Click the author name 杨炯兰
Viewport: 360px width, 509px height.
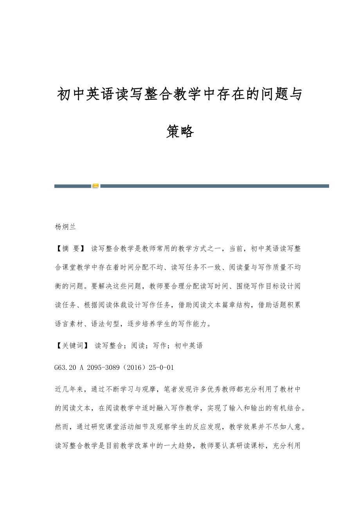(65, 227)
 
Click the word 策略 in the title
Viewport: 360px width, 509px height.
(180, 132)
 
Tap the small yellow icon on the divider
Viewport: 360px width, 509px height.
(95, 186)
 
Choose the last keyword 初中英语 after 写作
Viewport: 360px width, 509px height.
(189, 346)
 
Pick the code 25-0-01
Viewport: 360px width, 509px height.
(162, 367)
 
